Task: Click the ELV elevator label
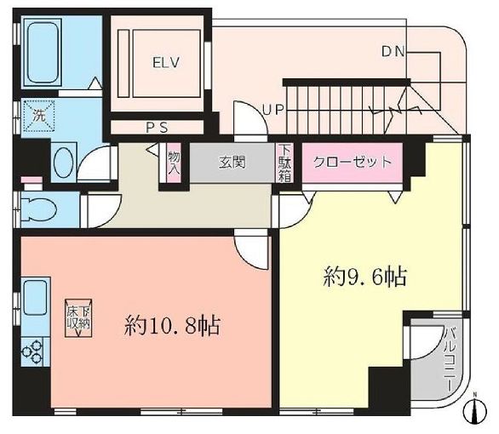(x=163, y=62)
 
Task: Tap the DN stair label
(x=393, y=53)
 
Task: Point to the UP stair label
(x=272, y=110)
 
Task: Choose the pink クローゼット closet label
(x=352, y=162)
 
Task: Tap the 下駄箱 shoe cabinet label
(x=285, y=162)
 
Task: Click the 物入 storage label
(x=174, y=163)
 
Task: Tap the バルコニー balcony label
(x=449, y=357)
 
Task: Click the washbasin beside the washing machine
(x=63, y=160)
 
